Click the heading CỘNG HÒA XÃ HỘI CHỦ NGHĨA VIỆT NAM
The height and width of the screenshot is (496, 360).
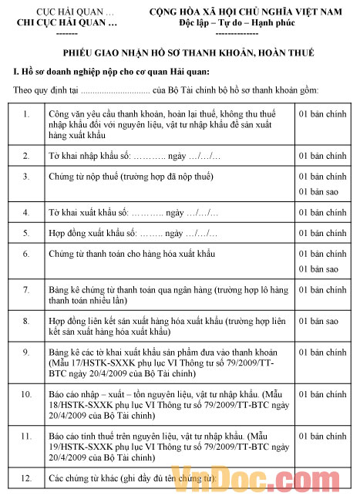247,13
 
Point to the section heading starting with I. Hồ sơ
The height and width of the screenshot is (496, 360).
90,72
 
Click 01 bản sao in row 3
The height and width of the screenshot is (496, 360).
318,191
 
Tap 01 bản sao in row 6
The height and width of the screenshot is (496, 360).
318,268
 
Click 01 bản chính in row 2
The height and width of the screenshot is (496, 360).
318,156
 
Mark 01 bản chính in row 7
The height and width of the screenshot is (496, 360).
318,290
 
